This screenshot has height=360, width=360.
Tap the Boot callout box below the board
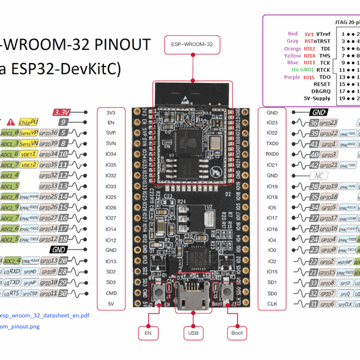[x=235, y=332]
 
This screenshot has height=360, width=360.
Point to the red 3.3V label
[x=62, y=112]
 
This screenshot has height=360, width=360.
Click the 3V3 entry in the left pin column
[x=110, y=112]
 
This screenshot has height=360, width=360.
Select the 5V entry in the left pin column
[x=110, y=304]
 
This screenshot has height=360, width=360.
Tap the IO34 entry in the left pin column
[x=110, y=154]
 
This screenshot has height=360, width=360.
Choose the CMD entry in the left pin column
[x=110, y=293]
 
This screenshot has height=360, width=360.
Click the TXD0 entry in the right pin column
[x=272, y=144]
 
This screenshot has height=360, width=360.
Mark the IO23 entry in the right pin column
[x=272, y=122]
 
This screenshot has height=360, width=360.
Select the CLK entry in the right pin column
[x=272, y=304]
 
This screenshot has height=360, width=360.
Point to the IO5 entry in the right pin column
[x=272, y=208]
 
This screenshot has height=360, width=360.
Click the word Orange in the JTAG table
[x=292, y=49]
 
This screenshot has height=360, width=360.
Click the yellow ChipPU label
[x=29, y=122]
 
